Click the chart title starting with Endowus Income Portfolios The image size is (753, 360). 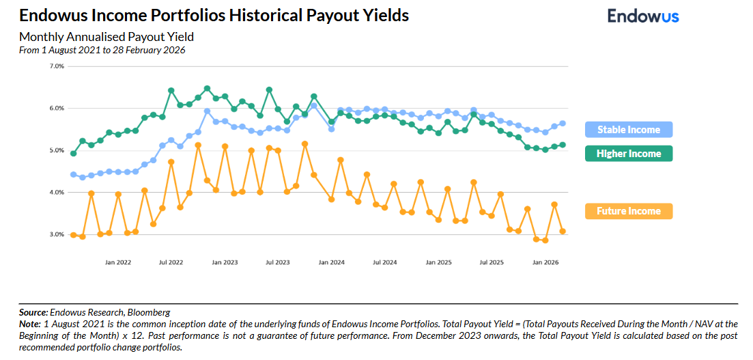pyautogui.click(x=214, y=15)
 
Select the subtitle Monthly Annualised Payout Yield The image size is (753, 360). pyautogui.click(x=106, y=37)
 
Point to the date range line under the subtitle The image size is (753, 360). pyautogui.click(x=102, y=50)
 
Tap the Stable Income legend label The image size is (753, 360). pyautogui.click(x=628, y=130)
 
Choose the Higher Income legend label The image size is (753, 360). pyautogui.click(x=628, y=154)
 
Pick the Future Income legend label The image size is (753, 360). pyautogui.click(x=628, y=211)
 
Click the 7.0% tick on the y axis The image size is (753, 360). pyautogui.click(x=57, y=66)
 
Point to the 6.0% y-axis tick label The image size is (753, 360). pyautogui.click(x=57, y=109)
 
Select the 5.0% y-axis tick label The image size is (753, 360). pyautogui.click(x=57, y=150)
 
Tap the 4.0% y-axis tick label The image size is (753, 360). pyautogui.click(x=57, y=193)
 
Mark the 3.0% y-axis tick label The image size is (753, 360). pyautogui.click(x=57, y=235)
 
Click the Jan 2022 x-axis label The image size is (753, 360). pyautogui.click(x=118, y=262)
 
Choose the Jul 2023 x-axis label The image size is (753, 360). pyautogui.click(x=278, y=262)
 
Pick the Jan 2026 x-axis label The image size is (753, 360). pyautogui.click(x=545, y=262)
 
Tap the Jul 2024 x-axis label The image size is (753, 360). pyautogui.click(x=385, y=262)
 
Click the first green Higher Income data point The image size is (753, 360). pyautogui.click(x=74, y=154)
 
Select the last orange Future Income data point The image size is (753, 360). pyautogui.click(x=563, y=232)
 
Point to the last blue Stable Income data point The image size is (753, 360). pyautogui.click(x=563, y=124)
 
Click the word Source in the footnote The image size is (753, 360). pyautogui.click(x=33, y=311)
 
